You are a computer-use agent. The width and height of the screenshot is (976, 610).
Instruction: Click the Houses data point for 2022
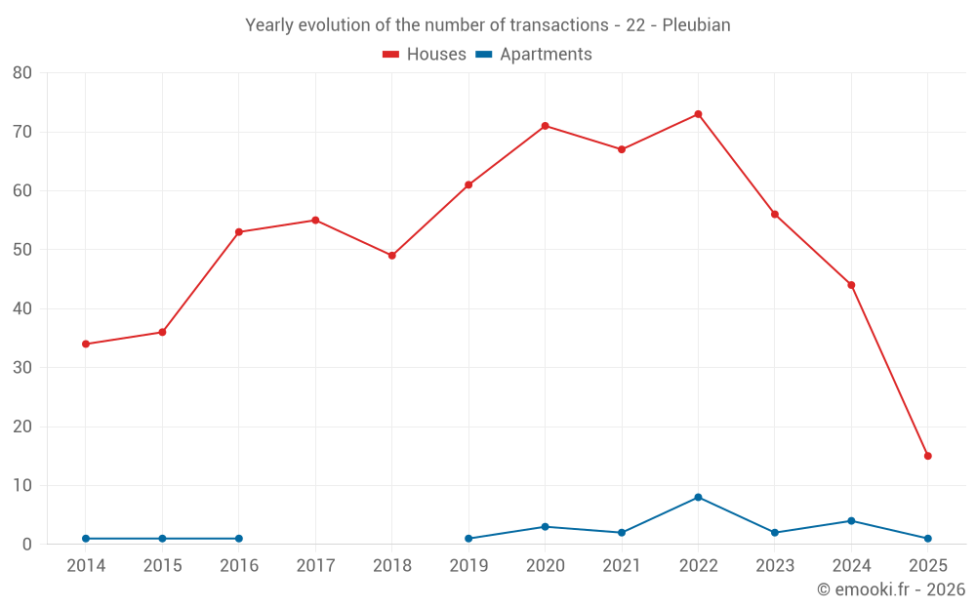coord(698,114)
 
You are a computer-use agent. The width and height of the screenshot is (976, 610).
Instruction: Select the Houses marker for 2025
coord(928,456)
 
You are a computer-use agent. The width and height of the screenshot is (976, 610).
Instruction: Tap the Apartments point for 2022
coord(698,498)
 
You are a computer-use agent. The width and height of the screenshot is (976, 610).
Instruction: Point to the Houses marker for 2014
coord(86,344)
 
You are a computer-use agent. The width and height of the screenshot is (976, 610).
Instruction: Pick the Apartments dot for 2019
coord(468,539)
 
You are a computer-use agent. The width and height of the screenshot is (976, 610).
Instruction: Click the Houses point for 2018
coord(392,256)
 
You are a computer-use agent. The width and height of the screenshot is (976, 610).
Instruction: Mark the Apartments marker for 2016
coord(239,539)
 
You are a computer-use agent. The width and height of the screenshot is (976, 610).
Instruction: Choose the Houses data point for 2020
coord(545,126)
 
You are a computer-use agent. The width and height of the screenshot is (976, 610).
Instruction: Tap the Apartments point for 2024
coord(851,521)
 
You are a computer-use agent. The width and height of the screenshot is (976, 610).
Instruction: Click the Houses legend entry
coord(425,55)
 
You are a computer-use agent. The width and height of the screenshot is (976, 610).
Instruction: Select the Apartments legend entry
coord(534,55)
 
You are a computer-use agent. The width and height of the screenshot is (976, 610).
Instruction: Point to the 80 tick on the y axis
coord(22,73)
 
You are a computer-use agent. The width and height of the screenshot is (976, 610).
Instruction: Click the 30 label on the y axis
coord(22,368)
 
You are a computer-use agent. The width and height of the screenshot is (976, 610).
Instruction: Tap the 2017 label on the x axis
coord(315,566)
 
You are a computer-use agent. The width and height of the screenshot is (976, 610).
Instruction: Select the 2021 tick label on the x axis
coord(622,566)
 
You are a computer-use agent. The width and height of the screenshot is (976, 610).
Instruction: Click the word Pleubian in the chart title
coord(696,25)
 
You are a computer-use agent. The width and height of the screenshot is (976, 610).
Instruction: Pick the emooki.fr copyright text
coord(890,590)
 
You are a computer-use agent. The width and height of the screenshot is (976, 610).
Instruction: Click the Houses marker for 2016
coord(239,232)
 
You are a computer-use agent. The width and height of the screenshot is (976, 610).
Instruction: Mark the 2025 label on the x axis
coord(928,566)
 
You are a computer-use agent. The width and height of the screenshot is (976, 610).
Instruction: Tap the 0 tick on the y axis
coord(27,545)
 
